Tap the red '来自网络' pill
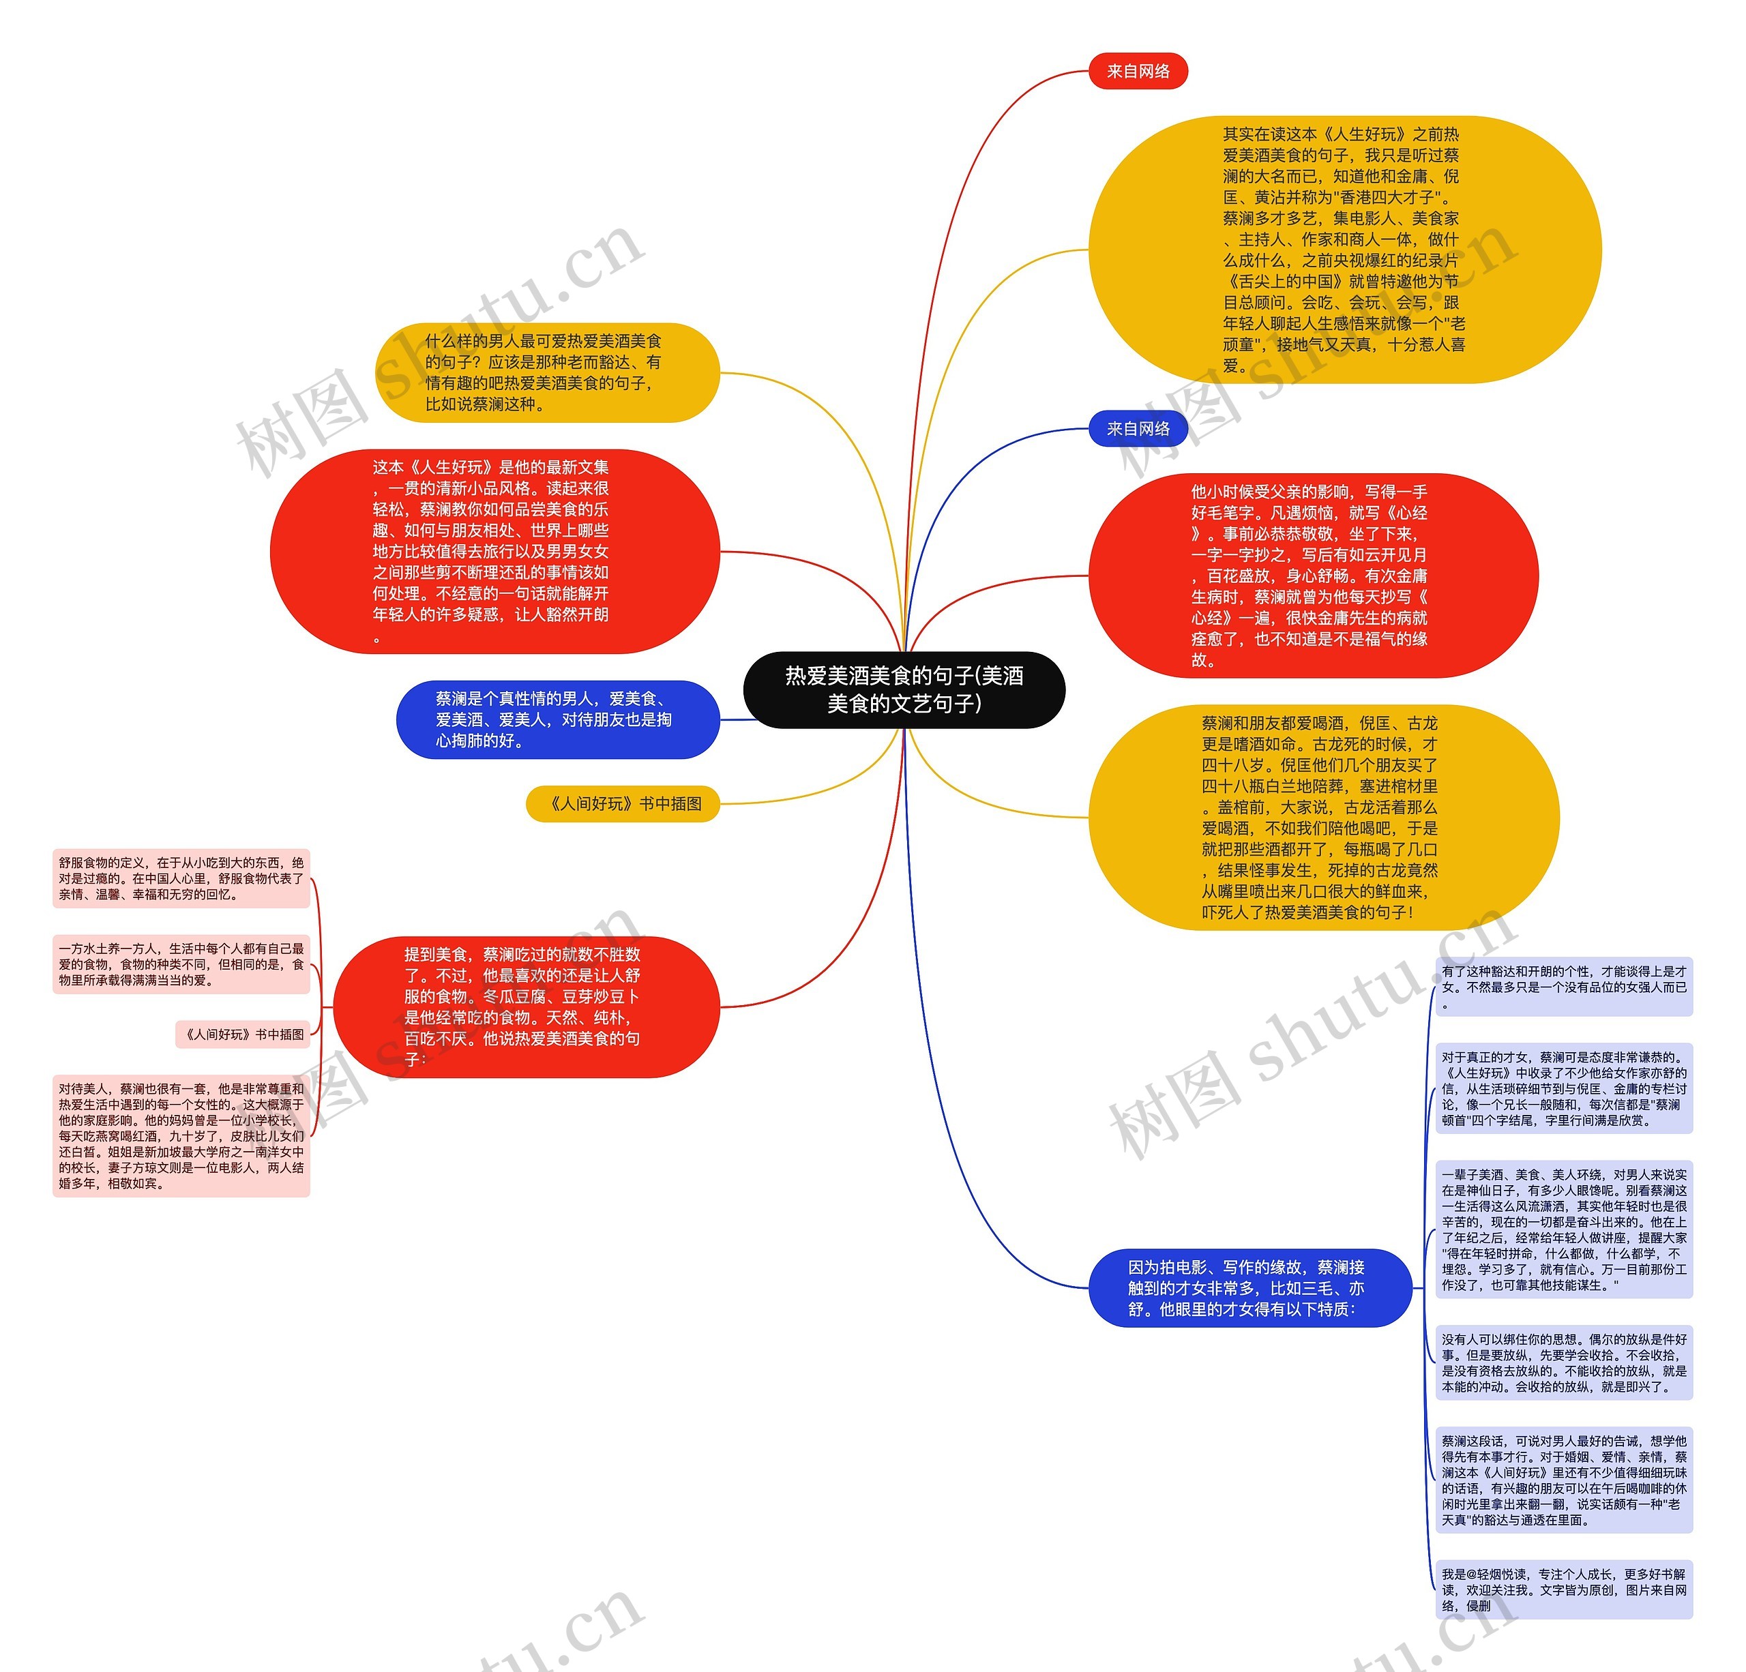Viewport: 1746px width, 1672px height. tap(1138, 72)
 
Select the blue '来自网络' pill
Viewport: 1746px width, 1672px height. tap(1138, 428)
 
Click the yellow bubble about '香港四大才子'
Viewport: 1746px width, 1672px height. tap(1344, 250)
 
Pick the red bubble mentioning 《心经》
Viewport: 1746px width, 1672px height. tap(1312, 576)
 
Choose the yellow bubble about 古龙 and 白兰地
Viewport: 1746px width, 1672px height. tap(1323, 818)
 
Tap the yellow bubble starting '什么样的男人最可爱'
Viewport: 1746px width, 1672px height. tap(546, 372)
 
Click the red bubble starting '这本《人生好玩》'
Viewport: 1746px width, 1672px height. tap(494, 552)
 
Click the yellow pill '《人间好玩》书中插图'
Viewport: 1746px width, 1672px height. tap(623, 803)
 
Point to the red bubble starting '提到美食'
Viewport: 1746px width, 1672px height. tap(526, 1006)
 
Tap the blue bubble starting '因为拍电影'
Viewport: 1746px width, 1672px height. tap(1249, 1288)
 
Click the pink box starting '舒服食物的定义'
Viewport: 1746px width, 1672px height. tap(181, 878)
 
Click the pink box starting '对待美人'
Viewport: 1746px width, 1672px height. tap(181, 1136)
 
